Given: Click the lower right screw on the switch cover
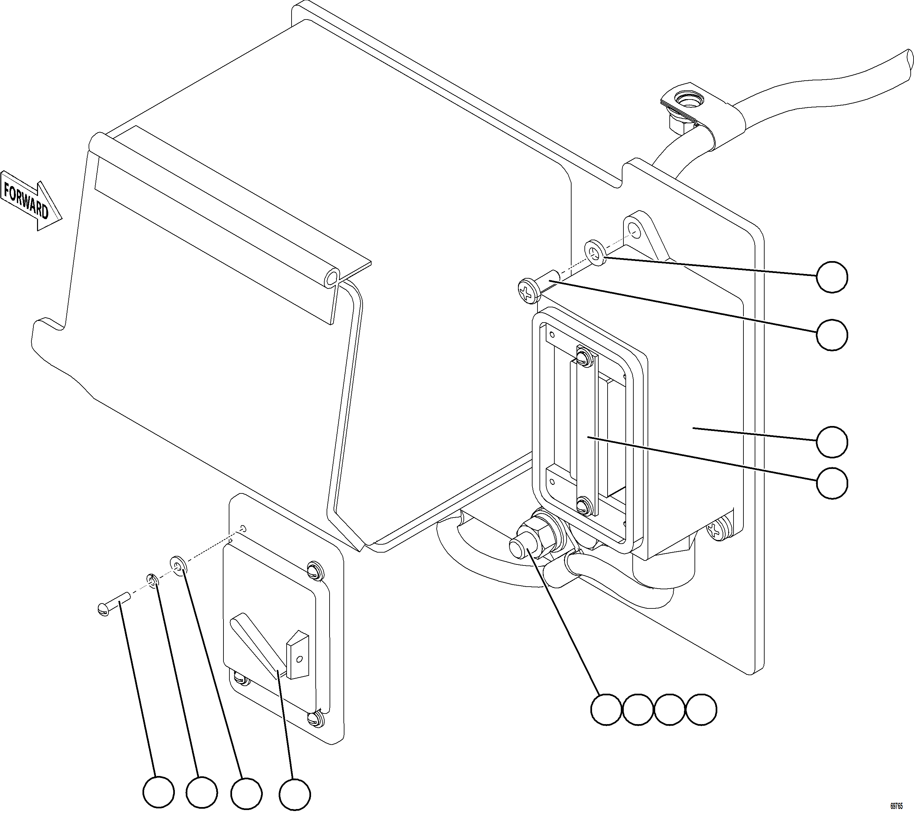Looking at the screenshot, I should click(315, 718).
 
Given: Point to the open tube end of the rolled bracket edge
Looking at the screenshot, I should click(331, 279).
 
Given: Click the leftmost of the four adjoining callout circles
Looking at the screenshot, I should click(606, 709).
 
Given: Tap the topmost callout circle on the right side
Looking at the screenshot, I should click(832, 277).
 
